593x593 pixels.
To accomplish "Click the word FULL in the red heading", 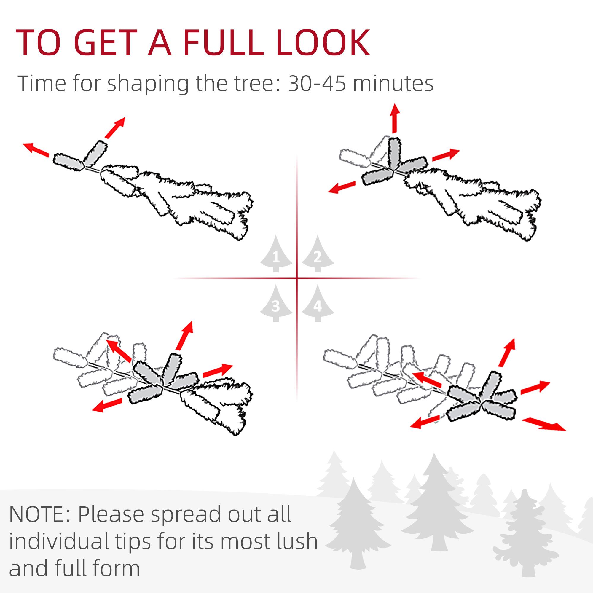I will pyautogui.click(x=224, y=43).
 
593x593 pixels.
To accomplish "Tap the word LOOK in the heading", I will pyautogui.click(x=323, y=43).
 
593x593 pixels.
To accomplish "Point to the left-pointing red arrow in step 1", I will pyautogui.click(x=36, y=150).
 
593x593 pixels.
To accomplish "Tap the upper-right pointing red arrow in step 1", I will pyautogui.click(x=115, y=127).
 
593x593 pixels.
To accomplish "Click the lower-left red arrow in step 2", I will pyautogui.click(x=342, y=187).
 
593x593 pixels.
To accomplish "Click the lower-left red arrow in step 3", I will pyautogui.click(x=107, y=405).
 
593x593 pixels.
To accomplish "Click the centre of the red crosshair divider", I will pyautogui.click(x=297, y=278).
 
